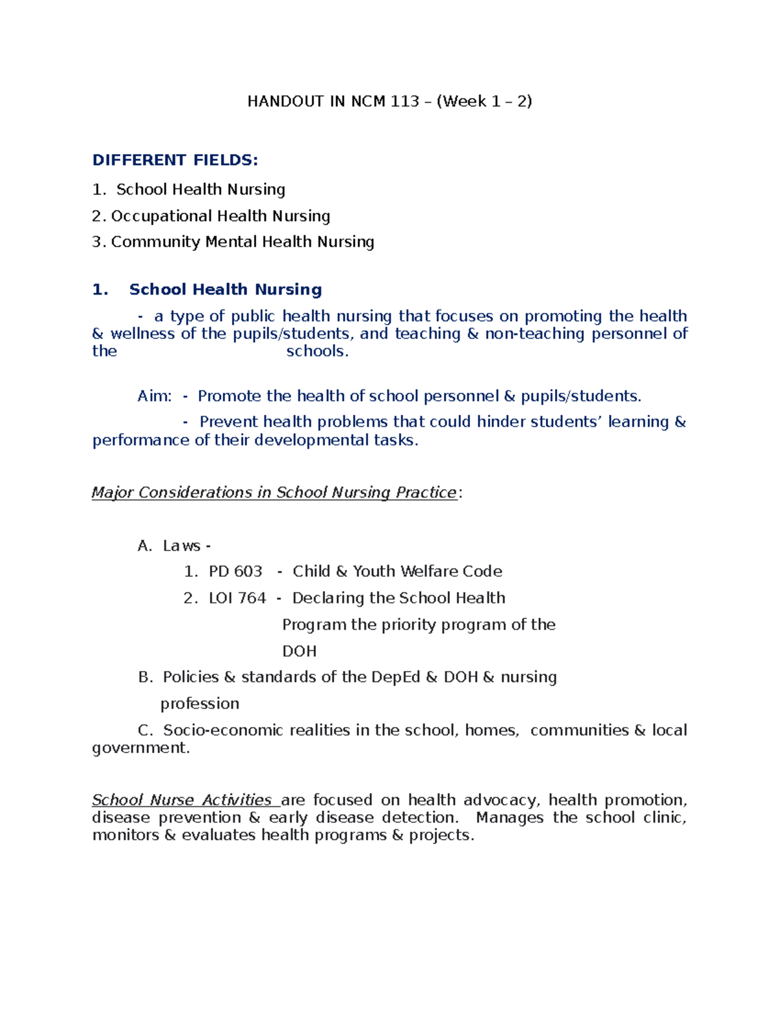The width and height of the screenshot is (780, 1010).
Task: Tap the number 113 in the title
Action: pos(405,101)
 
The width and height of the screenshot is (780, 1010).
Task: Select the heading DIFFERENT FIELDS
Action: pos(175,160)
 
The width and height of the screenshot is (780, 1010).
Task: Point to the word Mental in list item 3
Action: pos(231,242)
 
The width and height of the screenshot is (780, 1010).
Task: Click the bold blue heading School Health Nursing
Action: pos(225,289)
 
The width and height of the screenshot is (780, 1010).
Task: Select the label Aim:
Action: pos(155,396)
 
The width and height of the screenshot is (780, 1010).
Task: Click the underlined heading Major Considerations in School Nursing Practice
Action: pos(274,493)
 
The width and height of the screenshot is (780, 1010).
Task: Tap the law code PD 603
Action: pos(235,572)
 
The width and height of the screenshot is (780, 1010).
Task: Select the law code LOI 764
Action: pos(237,598)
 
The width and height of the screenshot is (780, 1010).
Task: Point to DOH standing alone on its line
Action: pos(299,652)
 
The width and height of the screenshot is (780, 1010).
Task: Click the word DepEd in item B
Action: pos(395,678)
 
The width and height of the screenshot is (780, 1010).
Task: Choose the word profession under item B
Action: pos(200,704)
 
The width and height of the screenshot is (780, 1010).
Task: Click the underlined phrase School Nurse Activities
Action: pos(181,800)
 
